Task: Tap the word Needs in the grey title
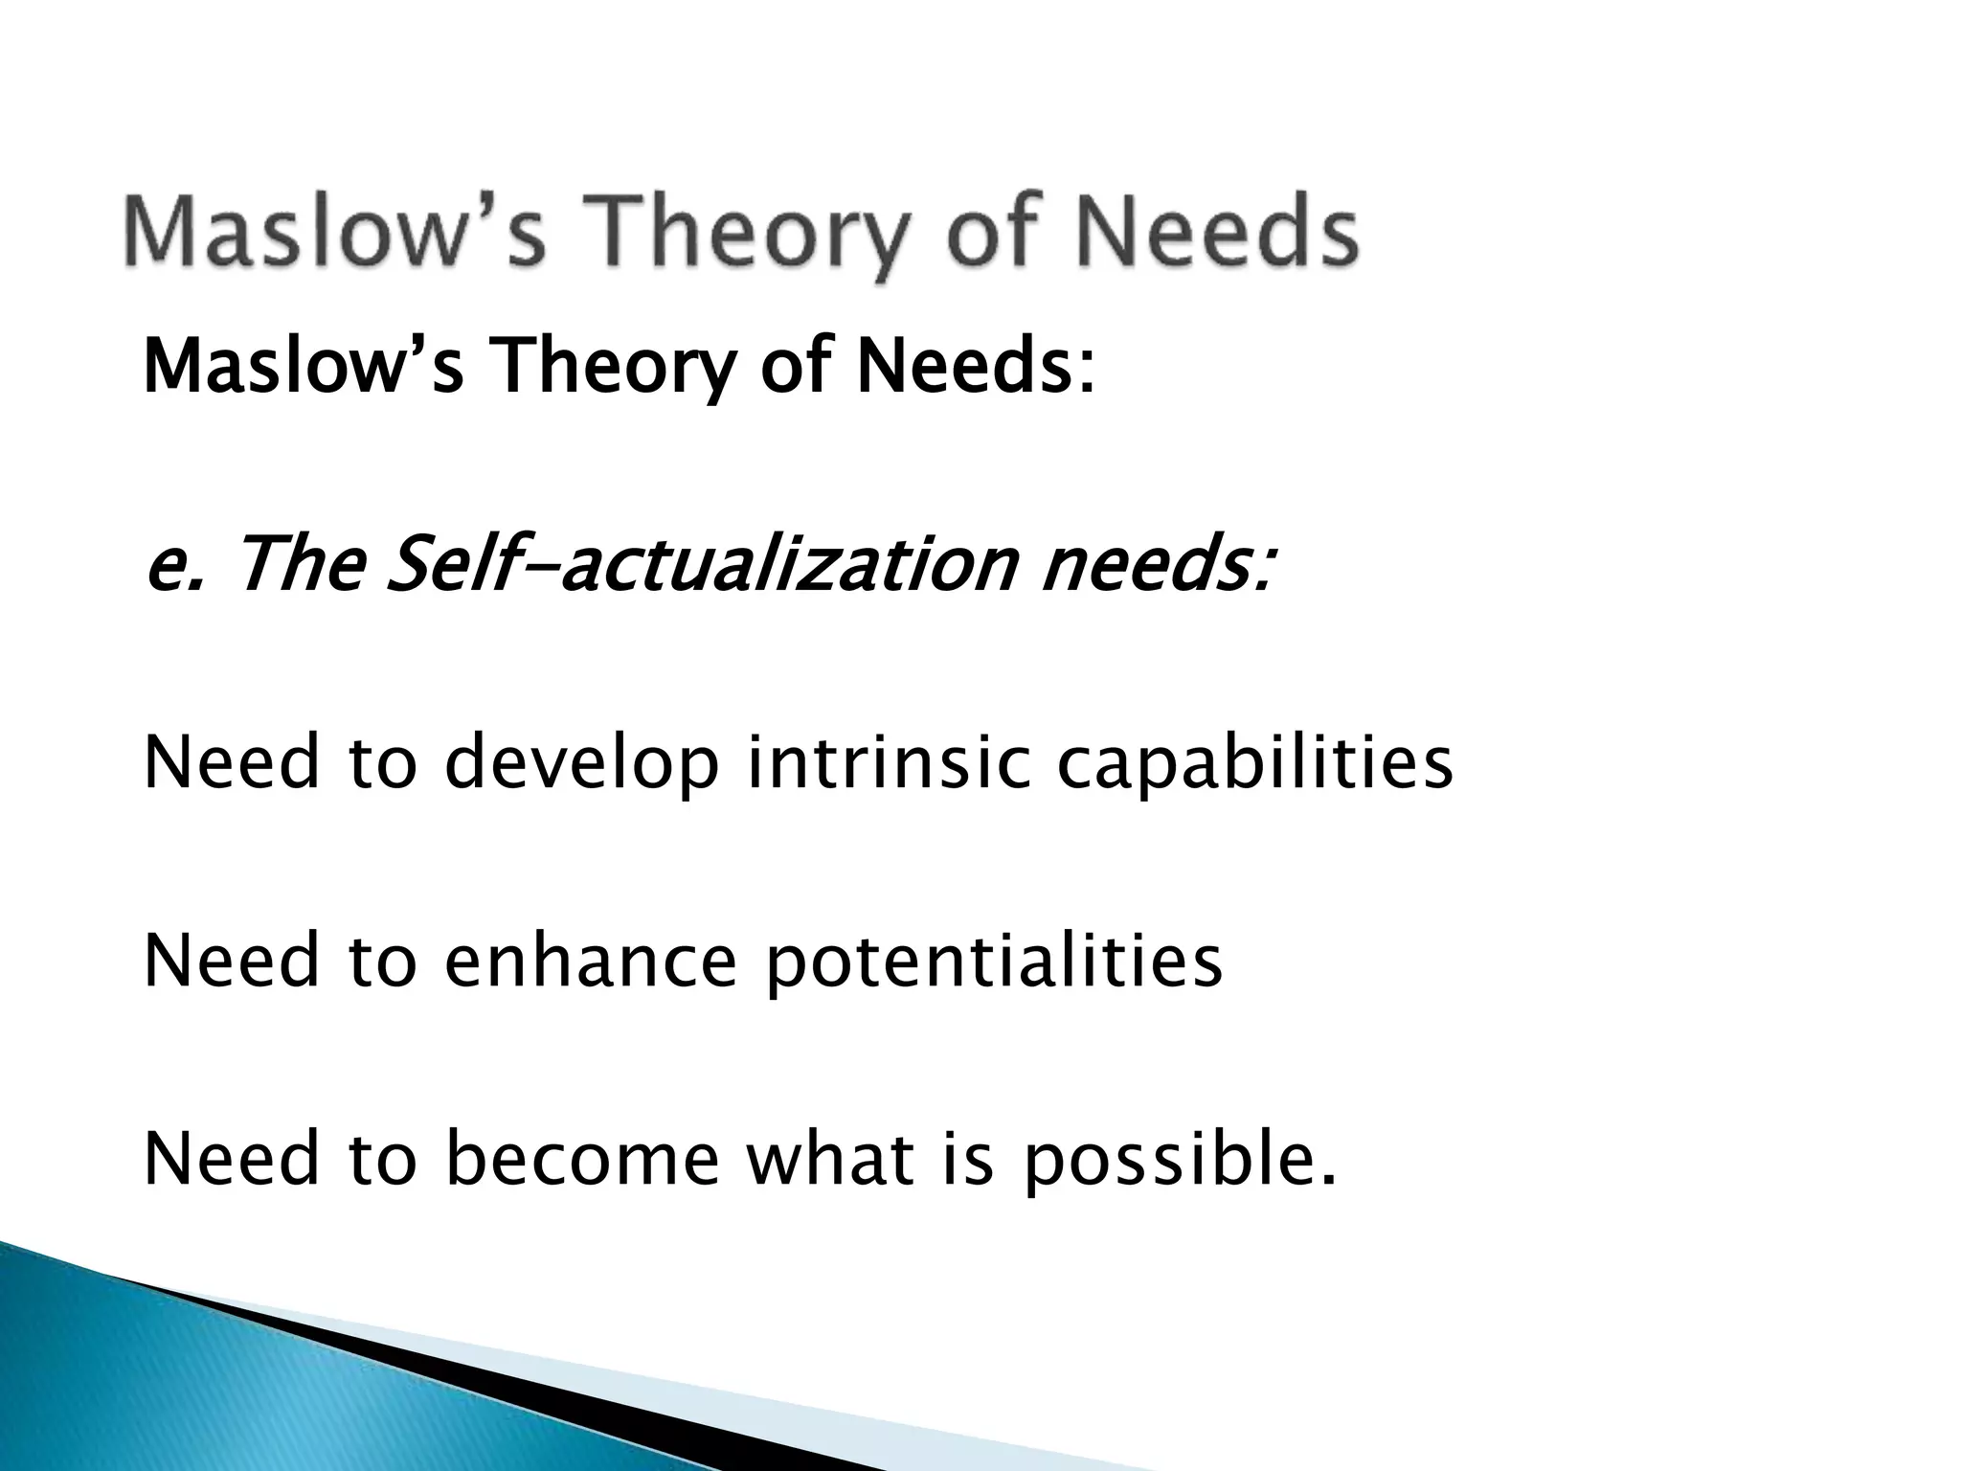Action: [x=1195, y=233]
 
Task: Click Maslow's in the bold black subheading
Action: [x=303, y=368]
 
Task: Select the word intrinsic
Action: [x=889, y=763]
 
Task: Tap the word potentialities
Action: [x=993, y=963]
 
